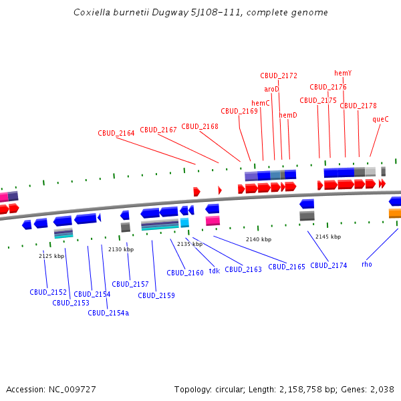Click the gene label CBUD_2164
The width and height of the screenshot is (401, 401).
[x=116, y=133]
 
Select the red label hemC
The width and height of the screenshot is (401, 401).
[x=261, y=103]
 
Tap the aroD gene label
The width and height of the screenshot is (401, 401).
[x=271, y=89]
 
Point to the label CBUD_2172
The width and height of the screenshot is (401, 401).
[x=279, y=76]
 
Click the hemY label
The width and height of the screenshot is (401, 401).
[x=343, y=73]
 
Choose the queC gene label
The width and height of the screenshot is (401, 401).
[x=380, y=119]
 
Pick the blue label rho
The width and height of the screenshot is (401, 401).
[x=367, y=264]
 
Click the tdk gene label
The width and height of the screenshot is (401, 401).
[x=214, y=271]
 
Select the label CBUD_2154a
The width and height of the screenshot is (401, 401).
[x=108, y=312]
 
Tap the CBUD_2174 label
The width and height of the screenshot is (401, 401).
[x=329, y=265]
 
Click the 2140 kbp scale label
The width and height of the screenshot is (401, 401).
[x=259, y=239]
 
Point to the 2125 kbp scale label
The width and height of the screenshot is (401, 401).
[x=51, y=256]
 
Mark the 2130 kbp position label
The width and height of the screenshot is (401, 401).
[x=121, y=249]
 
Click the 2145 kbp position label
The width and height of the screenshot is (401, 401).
[x=328, y=237]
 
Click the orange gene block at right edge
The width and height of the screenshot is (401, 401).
[x=395, y=213]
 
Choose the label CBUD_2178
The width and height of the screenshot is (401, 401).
[x=358, y=106]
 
